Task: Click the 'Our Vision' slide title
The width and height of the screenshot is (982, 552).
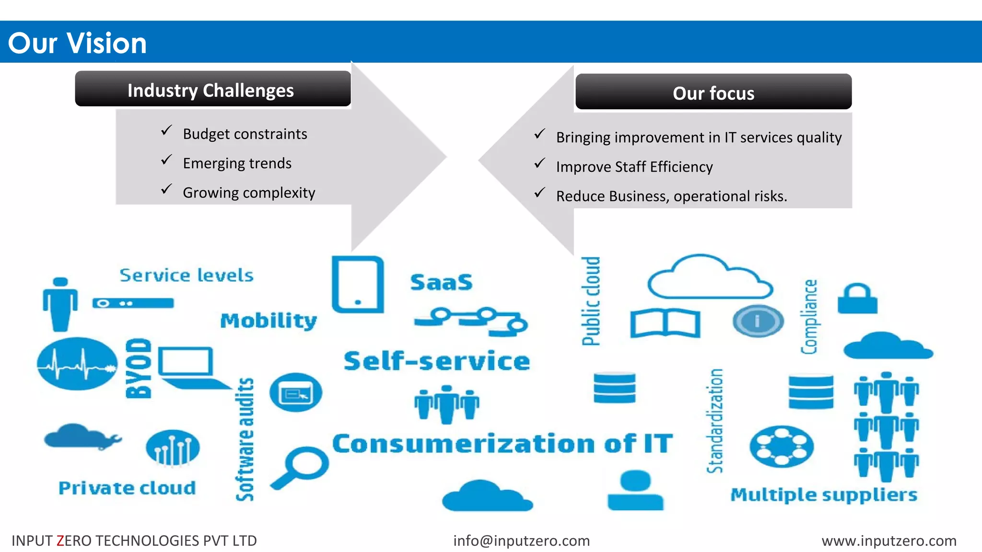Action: tap(77, 43)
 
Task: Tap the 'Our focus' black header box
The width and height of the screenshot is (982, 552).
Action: tap(713, 92)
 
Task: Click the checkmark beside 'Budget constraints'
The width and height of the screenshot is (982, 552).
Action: tap(166, 130)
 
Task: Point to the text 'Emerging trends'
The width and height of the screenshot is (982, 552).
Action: tap(237, 163)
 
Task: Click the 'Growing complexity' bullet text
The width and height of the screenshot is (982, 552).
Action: tap(249, 193)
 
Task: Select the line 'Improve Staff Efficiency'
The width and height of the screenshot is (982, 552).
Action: tap(634, 167)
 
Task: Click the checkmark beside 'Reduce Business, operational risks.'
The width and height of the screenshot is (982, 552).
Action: tap(540, 193)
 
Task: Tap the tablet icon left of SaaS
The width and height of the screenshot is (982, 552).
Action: tap(358, 285)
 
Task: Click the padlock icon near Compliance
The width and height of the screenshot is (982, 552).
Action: tap(857, 299)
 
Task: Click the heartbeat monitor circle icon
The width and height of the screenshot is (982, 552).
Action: tap(77, 364)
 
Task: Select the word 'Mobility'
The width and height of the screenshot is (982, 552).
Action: tap(269, 321)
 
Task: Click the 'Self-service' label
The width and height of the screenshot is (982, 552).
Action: tap(437, 361)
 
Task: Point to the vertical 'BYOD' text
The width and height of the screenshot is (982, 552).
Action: tap(139, 368)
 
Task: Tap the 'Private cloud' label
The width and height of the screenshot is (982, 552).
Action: tap(127, 488)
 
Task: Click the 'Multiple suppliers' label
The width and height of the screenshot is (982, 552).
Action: tap(823, 494)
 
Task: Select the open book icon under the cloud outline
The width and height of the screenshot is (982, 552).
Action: tap(665, 323)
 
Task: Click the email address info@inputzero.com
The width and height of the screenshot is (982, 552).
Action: tap(521, 540)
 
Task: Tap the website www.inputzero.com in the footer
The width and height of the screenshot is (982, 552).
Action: tap(888, 540)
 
